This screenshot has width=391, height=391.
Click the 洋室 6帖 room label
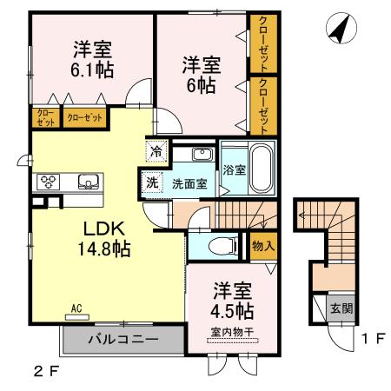point(200,75)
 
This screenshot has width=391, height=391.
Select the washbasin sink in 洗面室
point(201,156)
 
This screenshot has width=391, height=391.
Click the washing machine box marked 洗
point(151,183)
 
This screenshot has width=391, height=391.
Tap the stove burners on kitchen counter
point(49,182)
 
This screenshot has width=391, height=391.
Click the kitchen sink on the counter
point(87,182)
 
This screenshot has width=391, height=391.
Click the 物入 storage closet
point(262,247)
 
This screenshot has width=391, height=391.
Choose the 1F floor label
point(373,340)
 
